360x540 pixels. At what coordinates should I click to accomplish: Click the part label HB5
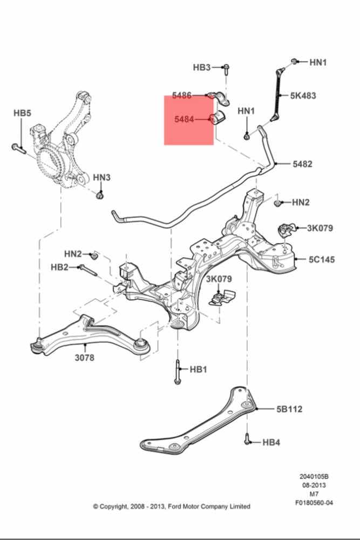pos(22,113)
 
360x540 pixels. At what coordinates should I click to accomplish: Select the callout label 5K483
pos(303,96)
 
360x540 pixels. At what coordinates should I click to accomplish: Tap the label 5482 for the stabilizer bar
pos(302,164)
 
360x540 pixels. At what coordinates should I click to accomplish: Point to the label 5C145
pos(321,260)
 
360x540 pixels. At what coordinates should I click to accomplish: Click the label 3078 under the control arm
pos(84,357)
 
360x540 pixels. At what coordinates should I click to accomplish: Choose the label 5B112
pos(289,409)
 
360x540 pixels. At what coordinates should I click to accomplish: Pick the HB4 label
pos(271,442)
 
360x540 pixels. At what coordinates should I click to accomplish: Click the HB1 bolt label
pos(198,369)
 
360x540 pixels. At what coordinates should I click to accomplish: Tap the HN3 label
pos(101,177)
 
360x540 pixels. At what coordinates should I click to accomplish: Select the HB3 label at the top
pos(202,67)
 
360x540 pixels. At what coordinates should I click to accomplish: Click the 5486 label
pos(182,96)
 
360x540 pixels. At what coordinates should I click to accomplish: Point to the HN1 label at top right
pos(318,62)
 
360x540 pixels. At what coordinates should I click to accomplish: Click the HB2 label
pos(59,267)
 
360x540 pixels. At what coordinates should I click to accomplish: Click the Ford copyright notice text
pos(172,507)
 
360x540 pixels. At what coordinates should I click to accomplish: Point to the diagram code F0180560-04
pos(314,502)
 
